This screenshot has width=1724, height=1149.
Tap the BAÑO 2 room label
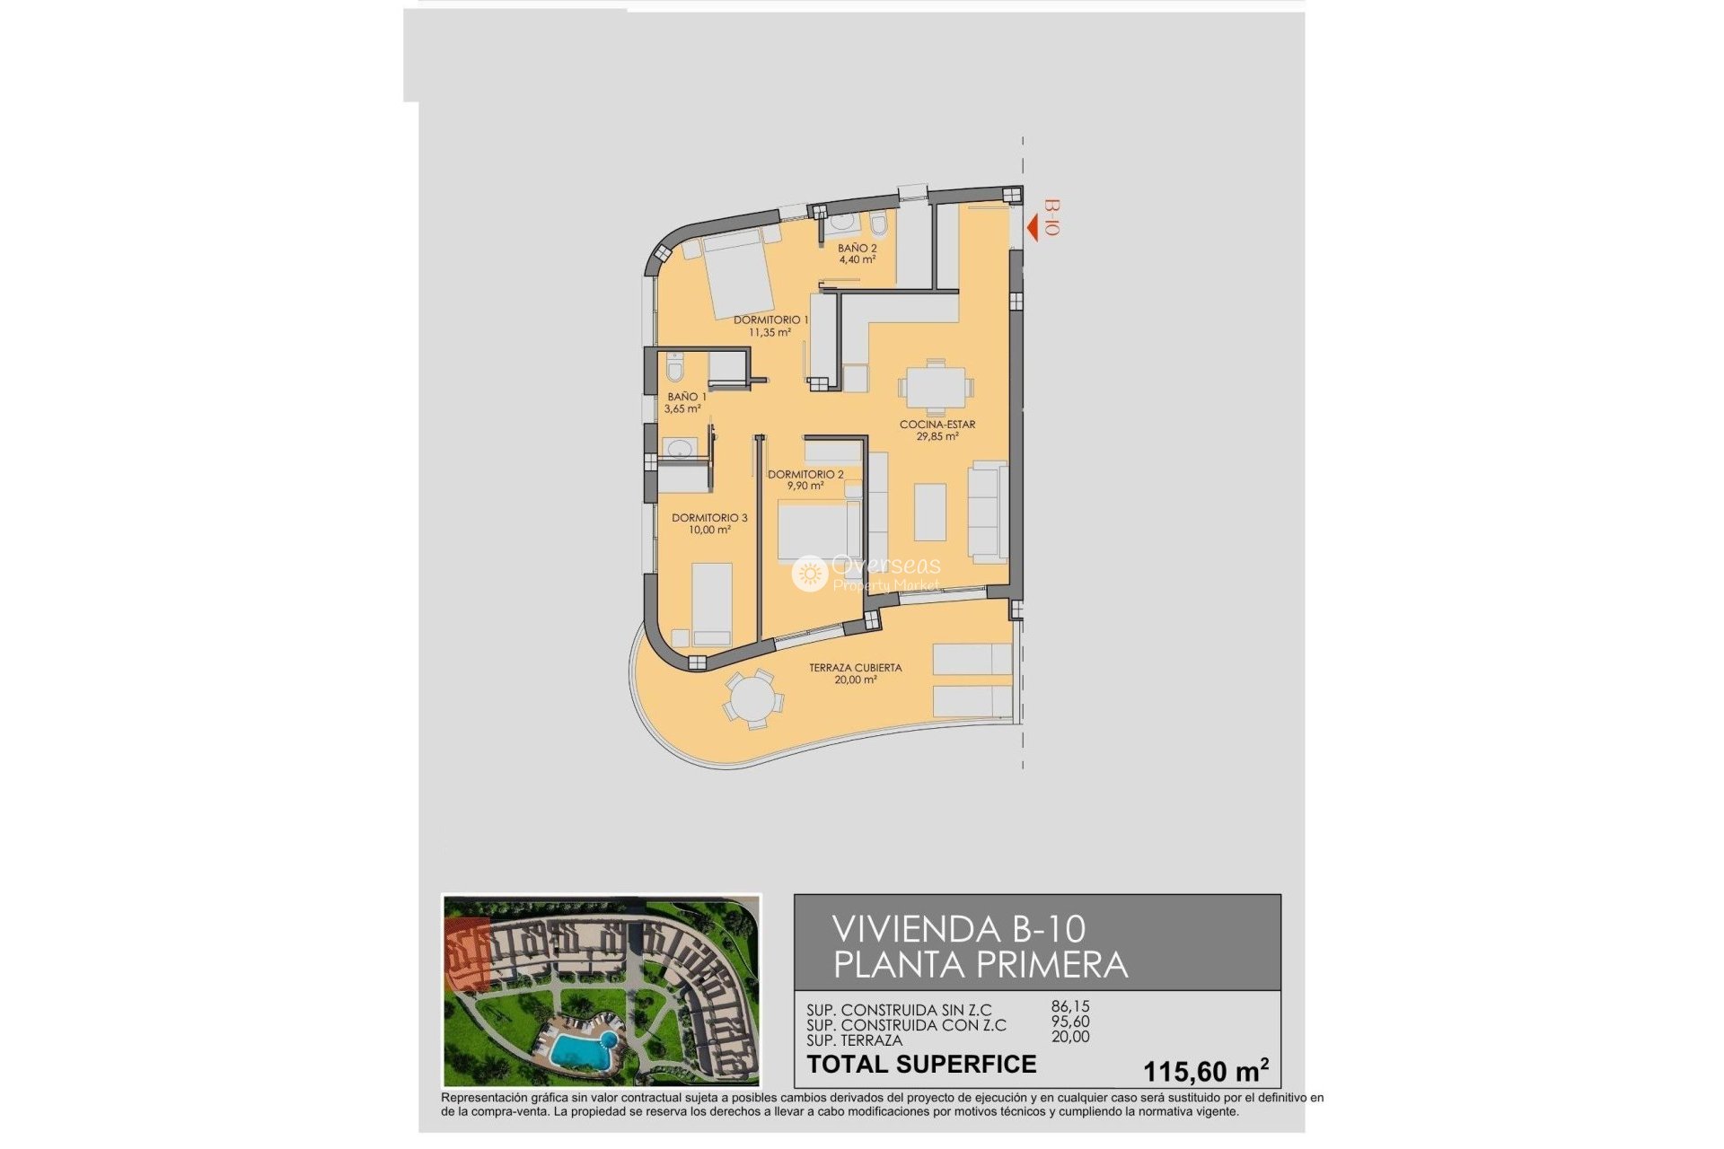pos(857,254)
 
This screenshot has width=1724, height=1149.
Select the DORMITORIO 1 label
pos(770,326)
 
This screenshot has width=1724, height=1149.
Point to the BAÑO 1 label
pos(685,402)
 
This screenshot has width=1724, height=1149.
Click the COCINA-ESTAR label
pos(937,430)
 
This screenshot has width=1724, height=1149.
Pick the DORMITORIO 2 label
pos(805,480)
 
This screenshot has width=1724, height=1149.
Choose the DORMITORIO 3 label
pos(709,523)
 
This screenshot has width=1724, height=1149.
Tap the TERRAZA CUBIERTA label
pos(855,673)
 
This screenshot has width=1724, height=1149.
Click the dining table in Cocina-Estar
pos(935,389)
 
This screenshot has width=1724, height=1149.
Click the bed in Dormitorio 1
pos(740,273)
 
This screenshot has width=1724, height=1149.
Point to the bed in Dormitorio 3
pos(712,603)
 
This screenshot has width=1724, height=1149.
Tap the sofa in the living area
pos(988,512)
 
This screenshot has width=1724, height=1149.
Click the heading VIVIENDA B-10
pos(958,929)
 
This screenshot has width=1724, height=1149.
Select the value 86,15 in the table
pos(1070,1007)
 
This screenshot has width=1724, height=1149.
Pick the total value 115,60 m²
pos(1205,1071)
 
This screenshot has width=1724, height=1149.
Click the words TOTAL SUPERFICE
pos(921,1065)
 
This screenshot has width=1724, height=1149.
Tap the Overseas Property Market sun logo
pos(809,573)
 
